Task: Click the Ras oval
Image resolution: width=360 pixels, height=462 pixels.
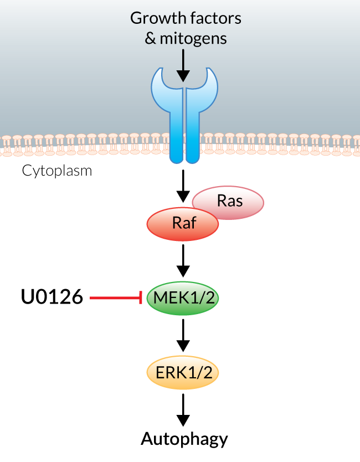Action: tap(231, 202)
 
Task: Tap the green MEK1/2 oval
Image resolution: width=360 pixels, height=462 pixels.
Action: tap(183, 298)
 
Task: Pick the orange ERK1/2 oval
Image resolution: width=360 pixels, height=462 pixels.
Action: tap(183, 372)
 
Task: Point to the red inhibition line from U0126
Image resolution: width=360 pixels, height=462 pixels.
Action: tap(114, 298)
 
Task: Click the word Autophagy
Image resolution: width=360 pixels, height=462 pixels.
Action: tap(184, 439)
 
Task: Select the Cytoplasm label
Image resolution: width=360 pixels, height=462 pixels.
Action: tap(57, 171)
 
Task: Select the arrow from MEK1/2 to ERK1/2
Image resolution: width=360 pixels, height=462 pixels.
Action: tap(183, 336)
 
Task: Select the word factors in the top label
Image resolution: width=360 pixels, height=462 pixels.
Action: tap(213, 18)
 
